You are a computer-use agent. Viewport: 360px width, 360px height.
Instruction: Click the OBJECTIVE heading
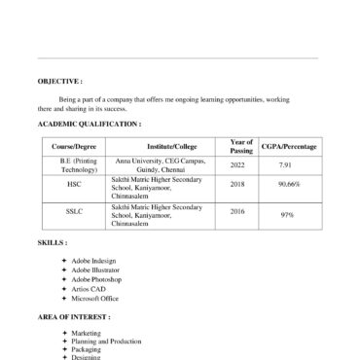tap(60, 82)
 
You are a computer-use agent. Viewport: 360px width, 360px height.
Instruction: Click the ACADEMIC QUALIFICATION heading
tap(90, 126)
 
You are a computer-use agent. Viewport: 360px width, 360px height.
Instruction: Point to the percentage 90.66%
tap(289, 183)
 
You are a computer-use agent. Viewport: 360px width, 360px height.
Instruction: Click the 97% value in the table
tap(289, 214)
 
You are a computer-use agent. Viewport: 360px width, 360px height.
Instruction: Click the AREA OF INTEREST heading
tap(74, 317)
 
